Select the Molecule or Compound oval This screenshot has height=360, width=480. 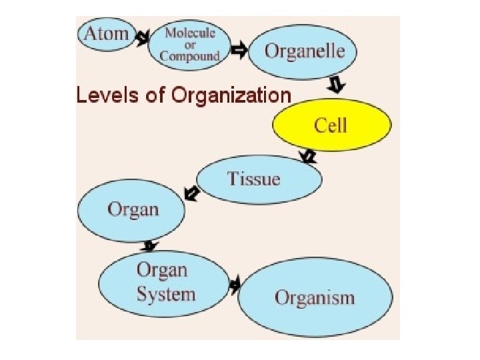[x=191, y=45]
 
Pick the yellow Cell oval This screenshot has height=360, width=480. [x=331, y=125]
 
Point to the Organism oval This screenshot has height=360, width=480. [x=315, y=297]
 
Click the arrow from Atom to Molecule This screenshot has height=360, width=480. [x=143, y=38]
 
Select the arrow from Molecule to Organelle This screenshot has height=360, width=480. [x=238, y=49]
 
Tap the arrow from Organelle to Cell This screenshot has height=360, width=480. [x=337, y=85]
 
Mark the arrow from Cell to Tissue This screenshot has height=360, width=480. [x=308, y=157]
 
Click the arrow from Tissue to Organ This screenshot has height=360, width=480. [x=193, y=193]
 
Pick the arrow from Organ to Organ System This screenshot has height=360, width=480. [x=151, y=245]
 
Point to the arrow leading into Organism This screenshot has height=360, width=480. [x=234, y=285]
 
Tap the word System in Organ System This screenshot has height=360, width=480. [x=166, y=295]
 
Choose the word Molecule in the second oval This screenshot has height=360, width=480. [x=191, y=33]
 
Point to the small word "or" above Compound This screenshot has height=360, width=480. [x=191, y=45]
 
